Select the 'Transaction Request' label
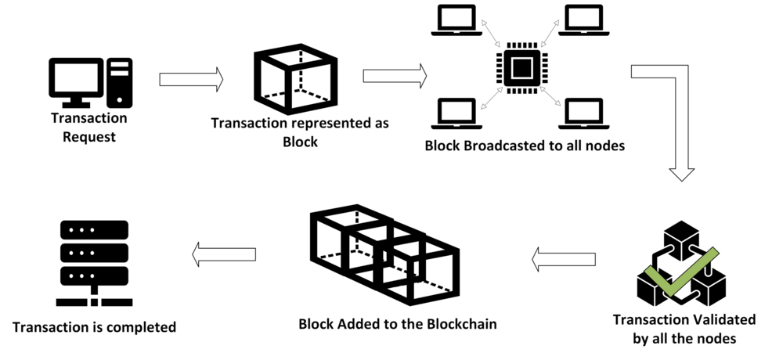pyautogui.click(x=88, y=128)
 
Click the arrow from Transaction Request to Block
pyautogui.click(x=191, y=79)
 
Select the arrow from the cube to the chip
pyautogui.click(x=395, y=76)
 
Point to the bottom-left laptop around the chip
pyautogui.click(x=454, y=113)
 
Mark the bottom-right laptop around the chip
pyautogui.click(x=580, y=113)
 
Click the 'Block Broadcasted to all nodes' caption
pyautogui.click(x=524, y=146)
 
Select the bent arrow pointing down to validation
pyautogui.click(x=670, y=117)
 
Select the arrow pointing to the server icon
pyautogui.click(x=224, y=252)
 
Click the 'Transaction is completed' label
pyautogui.click(x=94, y=326)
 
